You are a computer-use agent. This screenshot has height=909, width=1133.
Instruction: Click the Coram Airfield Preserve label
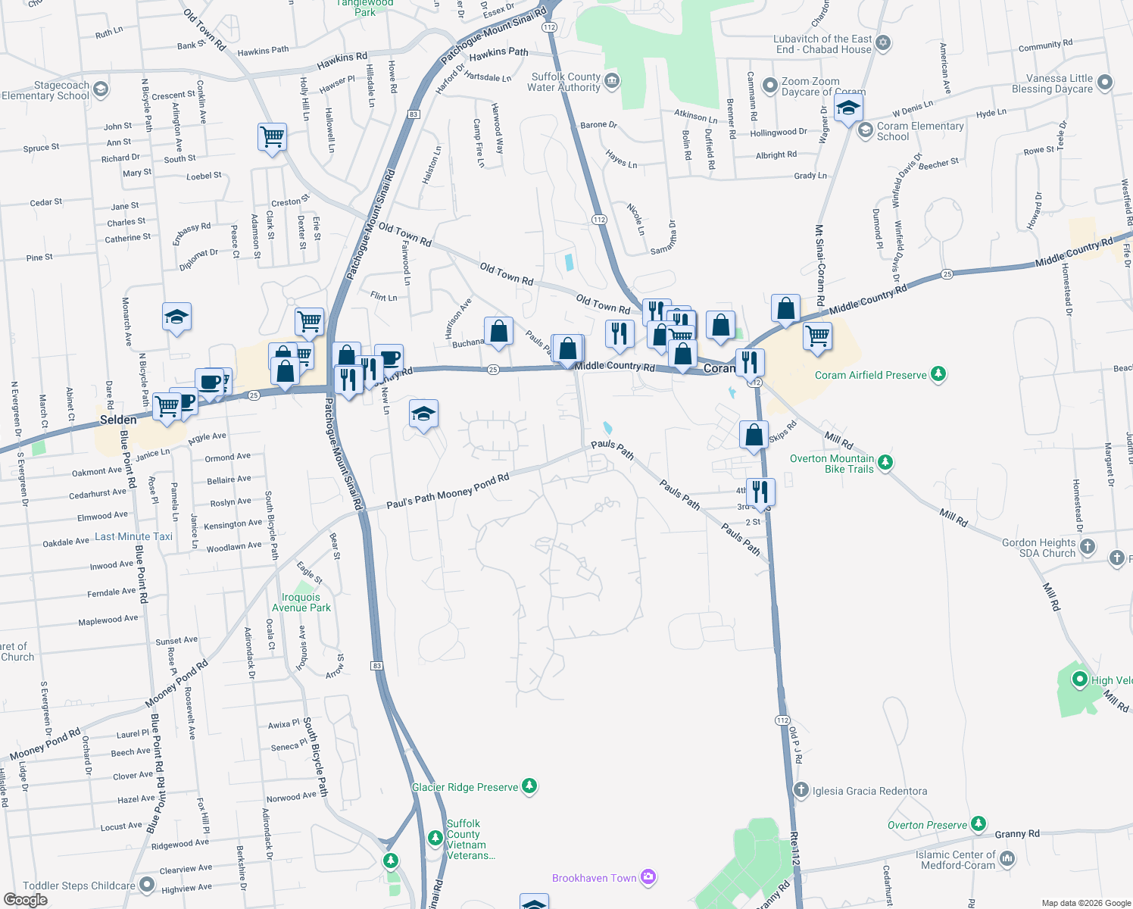(870, 375)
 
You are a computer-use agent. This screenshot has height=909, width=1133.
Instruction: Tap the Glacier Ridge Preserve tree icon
(529, 786)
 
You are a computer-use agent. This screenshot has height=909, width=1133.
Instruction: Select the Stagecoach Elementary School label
(45, 90)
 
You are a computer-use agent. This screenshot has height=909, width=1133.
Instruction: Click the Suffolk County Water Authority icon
(612, 81)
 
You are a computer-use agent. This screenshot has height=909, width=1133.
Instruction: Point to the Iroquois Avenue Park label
(301, 602)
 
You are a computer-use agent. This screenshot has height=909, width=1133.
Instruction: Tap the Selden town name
(118, 420)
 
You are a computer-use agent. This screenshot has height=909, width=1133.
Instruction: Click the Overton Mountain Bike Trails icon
(883, 462)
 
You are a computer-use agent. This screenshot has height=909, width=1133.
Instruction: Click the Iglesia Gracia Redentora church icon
(801, 790)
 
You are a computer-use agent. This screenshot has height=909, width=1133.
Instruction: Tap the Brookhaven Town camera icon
(648, 877)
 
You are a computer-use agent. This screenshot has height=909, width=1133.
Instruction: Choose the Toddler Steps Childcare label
(79, 886)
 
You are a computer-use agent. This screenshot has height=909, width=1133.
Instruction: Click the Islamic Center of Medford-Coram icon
(1007, 858)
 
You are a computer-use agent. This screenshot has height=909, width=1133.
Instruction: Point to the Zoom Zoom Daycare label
(810, 86)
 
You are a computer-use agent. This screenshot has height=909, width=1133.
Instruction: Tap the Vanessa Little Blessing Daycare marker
(1104, 82)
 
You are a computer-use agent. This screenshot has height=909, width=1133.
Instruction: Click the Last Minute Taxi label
(133, 536)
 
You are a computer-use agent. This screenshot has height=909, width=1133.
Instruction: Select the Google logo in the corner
(25, 899)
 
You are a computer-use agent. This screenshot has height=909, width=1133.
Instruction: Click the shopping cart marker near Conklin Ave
(272, 138)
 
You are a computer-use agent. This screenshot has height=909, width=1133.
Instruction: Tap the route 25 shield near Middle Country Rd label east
(947, 273)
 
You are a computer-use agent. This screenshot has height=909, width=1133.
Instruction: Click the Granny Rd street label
(1016, 834)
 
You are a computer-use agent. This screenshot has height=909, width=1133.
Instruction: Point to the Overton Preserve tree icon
(978, 823)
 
